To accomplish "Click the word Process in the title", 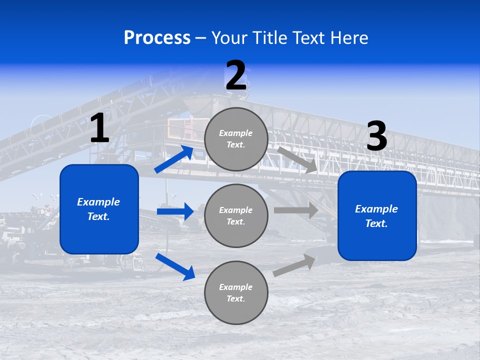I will [157, 38].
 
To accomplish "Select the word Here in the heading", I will [348, 38].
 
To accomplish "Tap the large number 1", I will [99, 128].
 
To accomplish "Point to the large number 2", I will [236, 76].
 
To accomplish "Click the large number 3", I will [376, 136].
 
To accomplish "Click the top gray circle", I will [236, 139].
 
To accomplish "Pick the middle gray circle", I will [236, 215].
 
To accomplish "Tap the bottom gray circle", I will [236, 292].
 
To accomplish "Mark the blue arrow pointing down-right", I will [175, 266].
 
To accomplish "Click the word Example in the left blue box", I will [98, 202].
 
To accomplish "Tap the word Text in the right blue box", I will [376, 223].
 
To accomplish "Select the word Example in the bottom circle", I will [236, 287].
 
